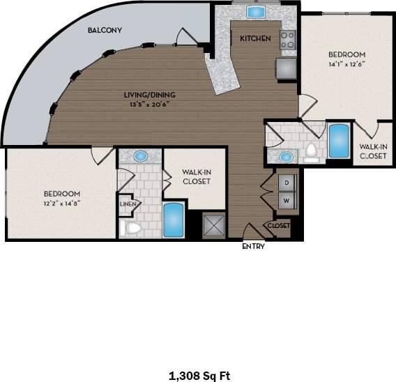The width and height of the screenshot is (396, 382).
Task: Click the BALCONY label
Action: (x=105, y=31)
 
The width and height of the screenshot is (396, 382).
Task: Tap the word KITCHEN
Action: (x=255, y=39)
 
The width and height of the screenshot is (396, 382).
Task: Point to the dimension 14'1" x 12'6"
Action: (x=346, y=63)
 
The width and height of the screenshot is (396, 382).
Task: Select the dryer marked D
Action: (x=286, y=182)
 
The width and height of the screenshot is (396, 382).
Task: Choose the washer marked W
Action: (x=286, y=200)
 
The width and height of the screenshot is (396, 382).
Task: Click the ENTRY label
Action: (x=252, y=246)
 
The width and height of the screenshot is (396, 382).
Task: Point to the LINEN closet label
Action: (x=127, y=204)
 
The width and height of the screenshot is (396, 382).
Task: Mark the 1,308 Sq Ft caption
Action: (x=199, y=376)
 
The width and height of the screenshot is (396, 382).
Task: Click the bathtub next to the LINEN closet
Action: (x=172, y=220)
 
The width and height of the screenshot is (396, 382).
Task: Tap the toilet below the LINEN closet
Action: (x=131, y=227)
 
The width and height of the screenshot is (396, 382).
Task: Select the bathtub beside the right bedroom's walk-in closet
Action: (x=338, y=141)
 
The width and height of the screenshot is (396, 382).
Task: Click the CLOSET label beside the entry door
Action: (x=278, y=226)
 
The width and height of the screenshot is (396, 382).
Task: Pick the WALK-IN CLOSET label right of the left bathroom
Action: (x=196, y=176)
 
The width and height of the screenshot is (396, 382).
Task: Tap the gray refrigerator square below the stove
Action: (x=286, y=68)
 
